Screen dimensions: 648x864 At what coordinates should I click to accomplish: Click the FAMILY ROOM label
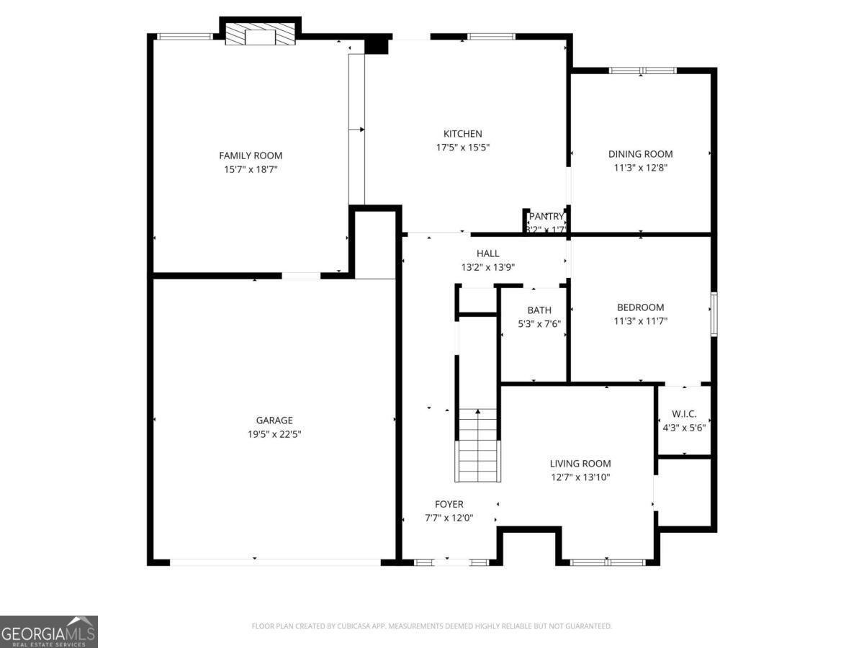pyautogui.click(x=251, y=156)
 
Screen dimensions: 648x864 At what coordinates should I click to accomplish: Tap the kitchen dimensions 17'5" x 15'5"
pyautogui.click(x=462, y=147)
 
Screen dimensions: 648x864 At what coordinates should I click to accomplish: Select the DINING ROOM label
pyautogui.click(x=640, y=154)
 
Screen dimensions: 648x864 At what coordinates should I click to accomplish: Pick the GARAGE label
pyautogui.click(x=274, y=420)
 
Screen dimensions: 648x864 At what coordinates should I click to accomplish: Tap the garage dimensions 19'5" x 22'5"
pyautogui.click(x=274, y=434)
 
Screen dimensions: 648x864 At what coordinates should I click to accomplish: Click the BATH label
pyautogui.click(x=539, y=310)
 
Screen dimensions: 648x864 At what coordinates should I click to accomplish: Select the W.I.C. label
pyautogui.click(x=684, y=414)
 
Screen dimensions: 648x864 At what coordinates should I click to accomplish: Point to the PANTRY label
pyautogui.click(x=546, y=216)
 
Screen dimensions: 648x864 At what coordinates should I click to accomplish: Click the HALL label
pyautogui.click(x=487, y=253)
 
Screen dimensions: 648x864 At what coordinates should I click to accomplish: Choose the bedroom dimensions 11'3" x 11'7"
pyautogui.click(x=640, y=321)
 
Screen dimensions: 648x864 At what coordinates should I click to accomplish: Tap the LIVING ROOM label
pyautogui.click(x=580, y=464)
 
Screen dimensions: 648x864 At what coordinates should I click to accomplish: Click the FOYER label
pyautogui.click(x=449, y=504)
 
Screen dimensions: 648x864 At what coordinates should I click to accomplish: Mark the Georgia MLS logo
pyautogui.click(x=48, y=631)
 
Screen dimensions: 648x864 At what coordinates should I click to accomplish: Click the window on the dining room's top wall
pyautogui.click(x=642, y=71)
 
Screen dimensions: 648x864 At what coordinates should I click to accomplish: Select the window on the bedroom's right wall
pyautogui.click(x=714, y=314)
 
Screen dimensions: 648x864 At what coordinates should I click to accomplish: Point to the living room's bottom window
pyautogui.click(x=608, y=562)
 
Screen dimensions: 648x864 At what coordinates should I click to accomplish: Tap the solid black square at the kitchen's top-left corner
pyautogui.click(x=376, y=45)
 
